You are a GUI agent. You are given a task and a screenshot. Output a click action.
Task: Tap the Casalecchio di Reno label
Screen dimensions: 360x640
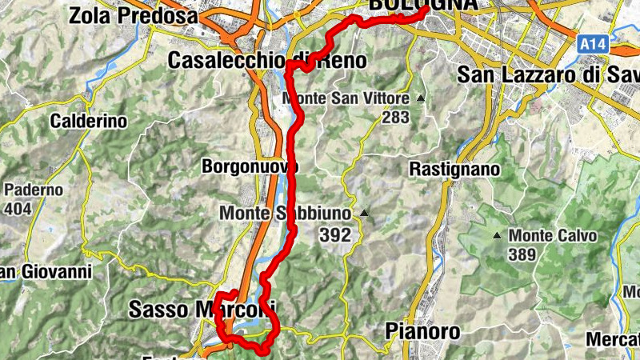point(268,61)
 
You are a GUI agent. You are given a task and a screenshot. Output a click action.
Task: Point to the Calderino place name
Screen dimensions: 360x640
point(88,122)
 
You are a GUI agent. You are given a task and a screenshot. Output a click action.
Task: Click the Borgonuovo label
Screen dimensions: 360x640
point(250,166)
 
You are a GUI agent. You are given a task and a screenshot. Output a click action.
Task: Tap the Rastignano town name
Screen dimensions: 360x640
point(454,170)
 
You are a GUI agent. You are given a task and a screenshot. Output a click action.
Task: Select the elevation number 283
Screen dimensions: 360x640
point(395,118)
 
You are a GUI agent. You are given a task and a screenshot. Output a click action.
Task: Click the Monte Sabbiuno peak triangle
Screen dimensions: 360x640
point(364,214)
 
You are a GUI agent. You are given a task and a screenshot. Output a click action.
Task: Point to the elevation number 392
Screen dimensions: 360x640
point(334,235)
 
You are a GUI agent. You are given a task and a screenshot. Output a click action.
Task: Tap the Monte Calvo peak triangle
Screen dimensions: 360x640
point(497,236)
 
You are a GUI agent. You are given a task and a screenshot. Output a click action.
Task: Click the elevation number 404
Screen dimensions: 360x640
point(18,210)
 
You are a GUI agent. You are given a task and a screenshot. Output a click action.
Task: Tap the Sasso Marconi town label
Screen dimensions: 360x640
point(202,309)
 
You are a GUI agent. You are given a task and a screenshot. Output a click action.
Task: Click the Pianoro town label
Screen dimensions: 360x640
point(422,331)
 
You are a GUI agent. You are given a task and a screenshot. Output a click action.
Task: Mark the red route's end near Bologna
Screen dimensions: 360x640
point(424,11)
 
